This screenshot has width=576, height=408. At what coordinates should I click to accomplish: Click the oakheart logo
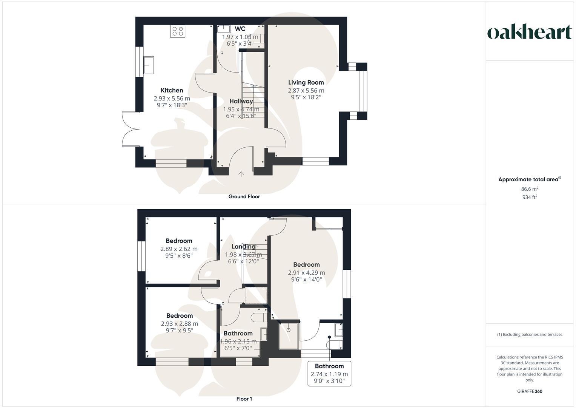tap(530, 32)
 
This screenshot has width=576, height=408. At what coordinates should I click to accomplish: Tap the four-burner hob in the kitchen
tap(178, 31)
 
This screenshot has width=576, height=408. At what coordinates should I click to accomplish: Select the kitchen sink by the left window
tap(149, 65)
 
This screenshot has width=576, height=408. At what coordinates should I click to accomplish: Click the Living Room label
tap(306, 82)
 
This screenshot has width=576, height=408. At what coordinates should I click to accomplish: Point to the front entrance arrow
tap(241, 174)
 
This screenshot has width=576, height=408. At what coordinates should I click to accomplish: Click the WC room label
tap(240, 29)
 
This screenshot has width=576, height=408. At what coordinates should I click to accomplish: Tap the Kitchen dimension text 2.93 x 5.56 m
tap(172, 98)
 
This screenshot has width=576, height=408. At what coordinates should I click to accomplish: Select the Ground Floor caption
tap(244, 196)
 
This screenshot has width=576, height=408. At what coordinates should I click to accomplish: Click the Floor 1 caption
tap(244, 399)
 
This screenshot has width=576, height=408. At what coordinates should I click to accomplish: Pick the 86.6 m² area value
tap(530, 189)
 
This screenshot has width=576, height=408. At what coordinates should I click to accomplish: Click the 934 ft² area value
tap(530, 197)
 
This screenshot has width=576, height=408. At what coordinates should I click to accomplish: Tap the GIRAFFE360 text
tap(530, 391)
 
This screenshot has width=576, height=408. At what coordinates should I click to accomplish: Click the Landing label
tap(243, 247)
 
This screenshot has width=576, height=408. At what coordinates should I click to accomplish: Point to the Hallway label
tap(241, 101)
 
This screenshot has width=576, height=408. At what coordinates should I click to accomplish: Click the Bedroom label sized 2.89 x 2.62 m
tap(179, 241)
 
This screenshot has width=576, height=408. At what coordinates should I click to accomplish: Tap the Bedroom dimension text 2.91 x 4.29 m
tap(306, 272)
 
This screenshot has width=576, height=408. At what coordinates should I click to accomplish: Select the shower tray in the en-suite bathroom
tap(289, 335)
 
